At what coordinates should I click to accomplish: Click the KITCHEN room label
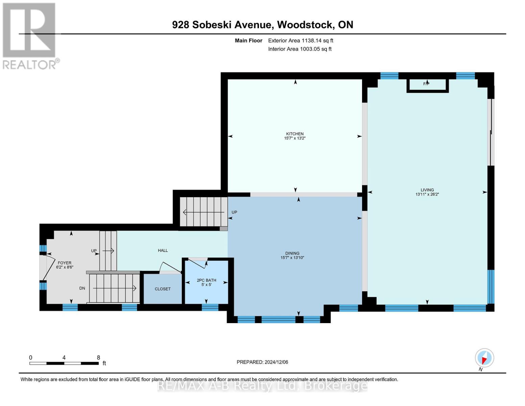click(x=295, y=134)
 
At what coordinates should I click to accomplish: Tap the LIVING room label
click(x=427, y=190)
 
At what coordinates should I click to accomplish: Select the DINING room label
click(x=292, y=253)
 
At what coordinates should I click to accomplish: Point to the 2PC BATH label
click(x=206, y=280)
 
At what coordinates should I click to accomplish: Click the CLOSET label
click(x=163, y=289)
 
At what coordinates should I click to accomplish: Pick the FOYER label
click(x=65, y=263)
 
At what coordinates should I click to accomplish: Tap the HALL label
click(x=163, y=250)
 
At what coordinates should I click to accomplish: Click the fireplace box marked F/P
click(x=427, y=86)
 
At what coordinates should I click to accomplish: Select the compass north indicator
click(x=484, y=358)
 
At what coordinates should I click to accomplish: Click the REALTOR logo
click(x=30, y=36)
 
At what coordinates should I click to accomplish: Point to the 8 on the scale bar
click(x=98, y=358)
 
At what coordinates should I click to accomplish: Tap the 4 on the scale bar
click(x=64, y=358)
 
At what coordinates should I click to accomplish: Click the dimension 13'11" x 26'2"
click(x=427, y=194)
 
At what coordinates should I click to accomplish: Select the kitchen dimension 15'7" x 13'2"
click(x=295, y=138)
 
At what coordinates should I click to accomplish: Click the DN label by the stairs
click(x=82, y=288)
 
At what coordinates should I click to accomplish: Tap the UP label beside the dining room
click(x=234, y=212)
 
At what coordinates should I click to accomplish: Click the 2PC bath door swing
click(x=198, y=263)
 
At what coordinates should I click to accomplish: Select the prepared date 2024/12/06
click(x=277, y=362)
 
